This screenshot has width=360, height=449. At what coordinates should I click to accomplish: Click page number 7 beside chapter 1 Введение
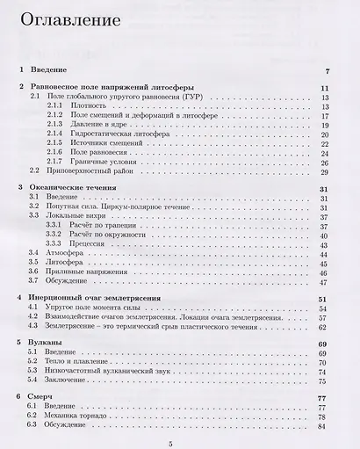point(326,70)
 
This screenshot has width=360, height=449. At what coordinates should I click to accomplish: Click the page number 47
point(323,282)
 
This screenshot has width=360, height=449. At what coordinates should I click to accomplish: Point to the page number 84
point(323,426)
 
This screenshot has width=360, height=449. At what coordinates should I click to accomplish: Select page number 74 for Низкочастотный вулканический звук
point(323,372)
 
